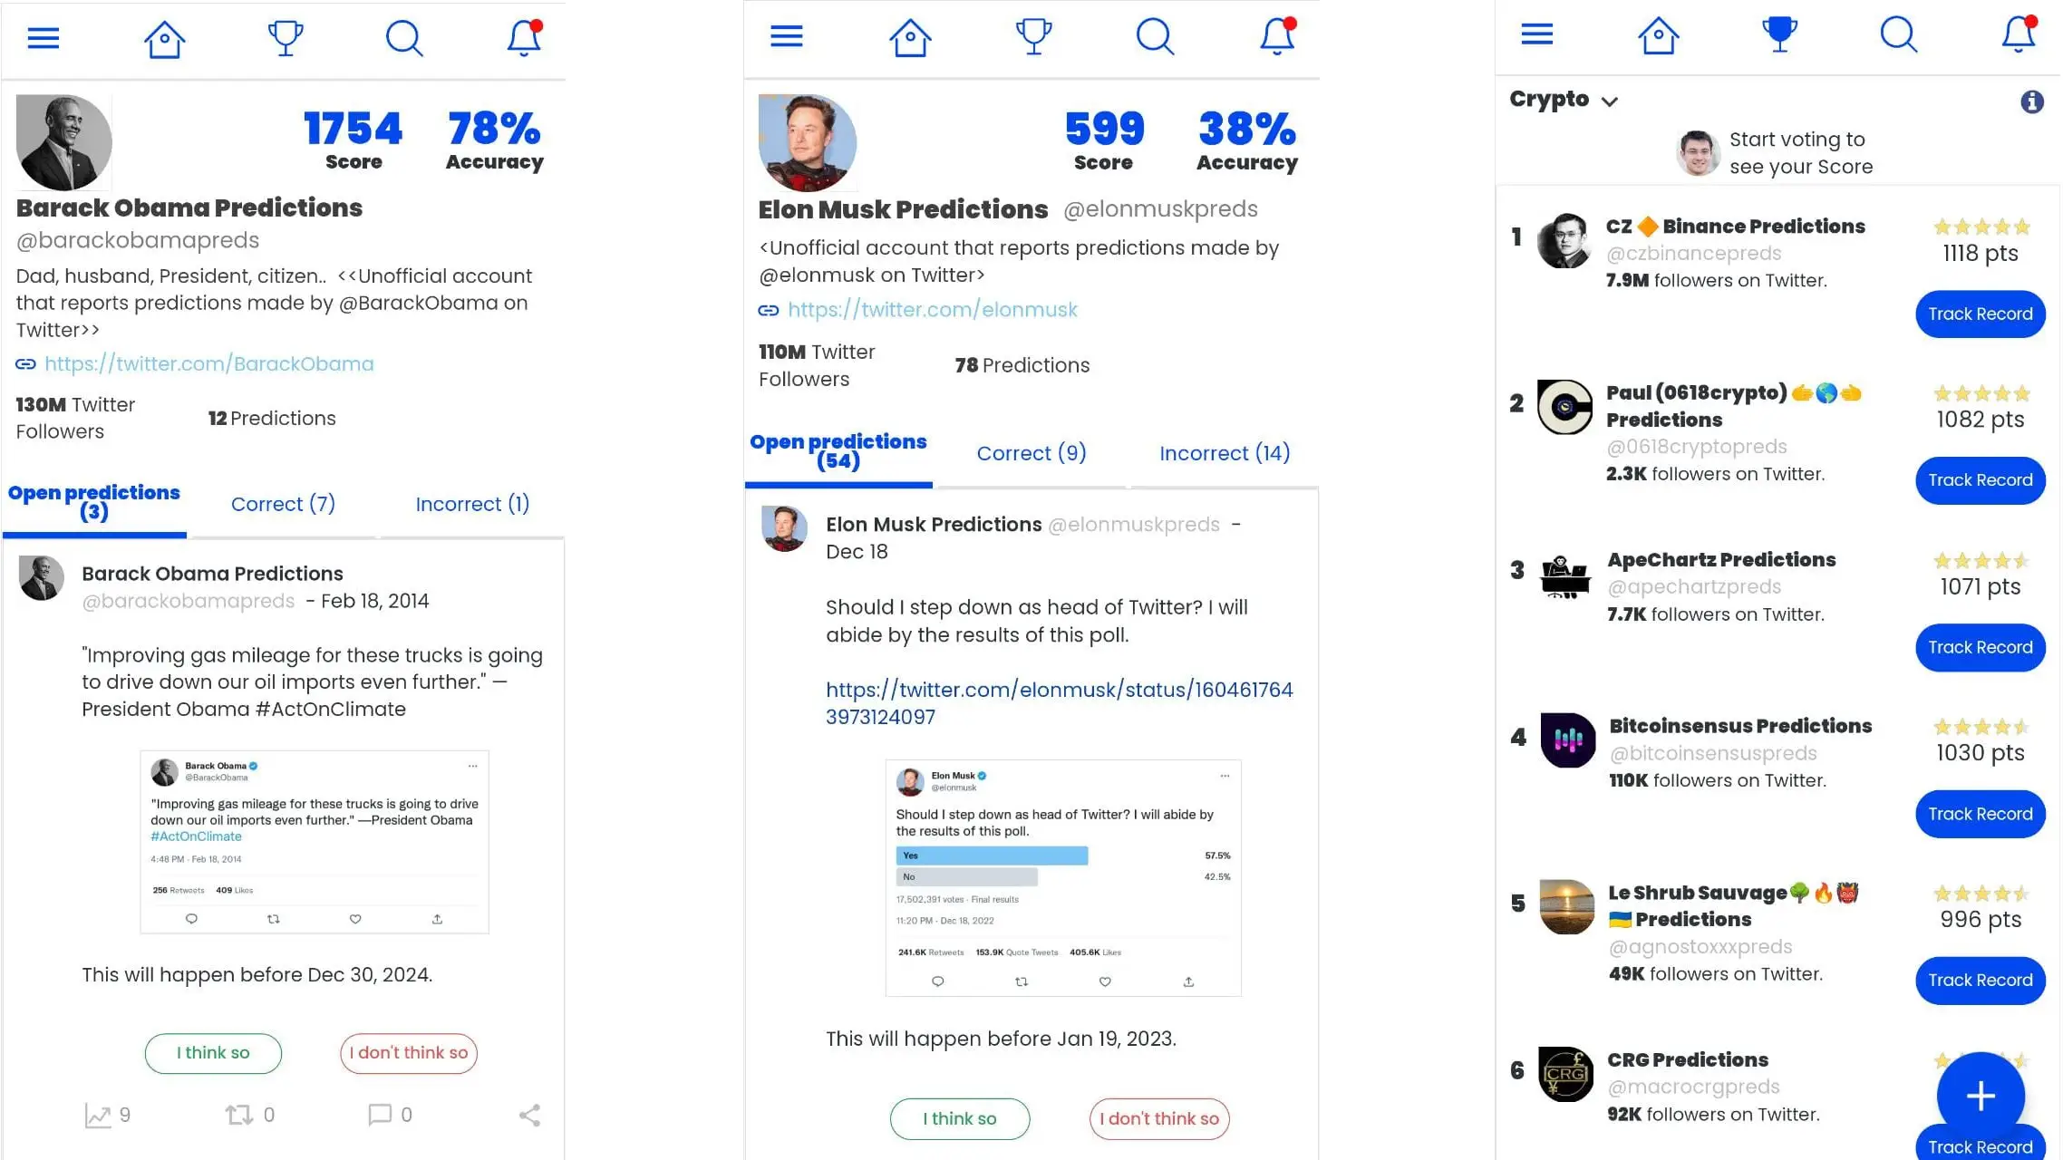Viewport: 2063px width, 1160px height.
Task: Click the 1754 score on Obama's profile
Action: point(353,129)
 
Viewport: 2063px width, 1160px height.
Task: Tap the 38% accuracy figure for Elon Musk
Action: point(1246,129)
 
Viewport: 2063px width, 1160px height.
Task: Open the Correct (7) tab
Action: point(283,504)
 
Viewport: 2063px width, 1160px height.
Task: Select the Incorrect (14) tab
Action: point(1225,453)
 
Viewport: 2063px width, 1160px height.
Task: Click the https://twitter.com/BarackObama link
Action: point(208,363)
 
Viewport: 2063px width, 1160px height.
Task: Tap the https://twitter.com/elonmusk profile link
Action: point(932,310)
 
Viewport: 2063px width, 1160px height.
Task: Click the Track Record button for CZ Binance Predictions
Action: point(1980,314)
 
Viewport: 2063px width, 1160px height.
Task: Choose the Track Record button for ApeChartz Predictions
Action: point(1980,647)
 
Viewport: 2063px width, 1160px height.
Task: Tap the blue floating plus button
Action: point(1980,1096)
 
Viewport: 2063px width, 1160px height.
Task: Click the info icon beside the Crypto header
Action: point(2031,101)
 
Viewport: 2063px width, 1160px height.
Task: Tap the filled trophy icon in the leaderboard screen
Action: point(1778,34)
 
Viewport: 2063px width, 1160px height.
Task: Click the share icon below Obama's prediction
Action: point(529,1115)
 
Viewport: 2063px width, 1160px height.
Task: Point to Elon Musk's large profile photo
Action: point(807,143)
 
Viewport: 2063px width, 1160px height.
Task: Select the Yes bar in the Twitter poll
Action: point(992,855)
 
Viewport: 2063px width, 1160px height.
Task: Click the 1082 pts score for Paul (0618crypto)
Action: point(1980,420)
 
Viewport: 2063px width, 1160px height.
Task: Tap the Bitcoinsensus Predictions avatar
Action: point(1567,739)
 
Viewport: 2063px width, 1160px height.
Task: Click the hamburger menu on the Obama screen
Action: point(44,38)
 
